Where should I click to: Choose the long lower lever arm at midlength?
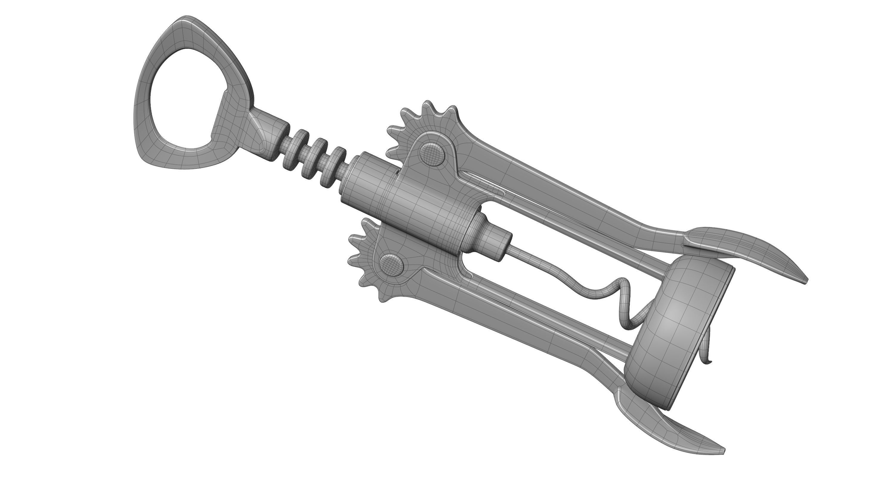520,322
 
